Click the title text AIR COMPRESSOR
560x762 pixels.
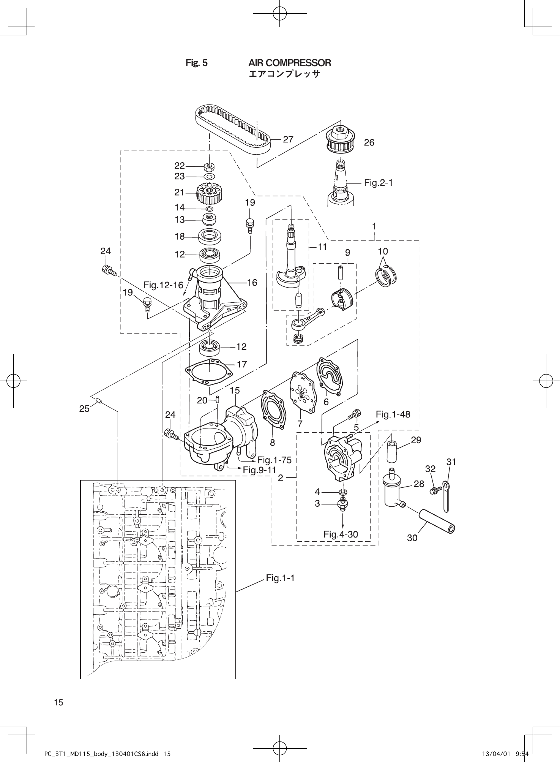click(289, 63)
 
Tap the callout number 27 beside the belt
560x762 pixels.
click(288, 139)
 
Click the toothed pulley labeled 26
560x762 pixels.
click(341, 141)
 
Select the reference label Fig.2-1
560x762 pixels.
click(378, 183)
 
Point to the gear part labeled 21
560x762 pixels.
click(209, 193)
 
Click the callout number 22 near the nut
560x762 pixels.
click(180, 166)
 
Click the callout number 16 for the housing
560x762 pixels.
click(252, 283)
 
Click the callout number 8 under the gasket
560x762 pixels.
click(272, 443)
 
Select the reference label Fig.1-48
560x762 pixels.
click(393, 414)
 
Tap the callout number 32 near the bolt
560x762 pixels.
click(430, 469)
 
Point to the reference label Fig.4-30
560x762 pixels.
click(341, 534)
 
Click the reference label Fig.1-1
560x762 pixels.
click(280, 578)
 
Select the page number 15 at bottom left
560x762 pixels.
click(58, 702)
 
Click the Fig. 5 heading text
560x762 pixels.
click(196, 63)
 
